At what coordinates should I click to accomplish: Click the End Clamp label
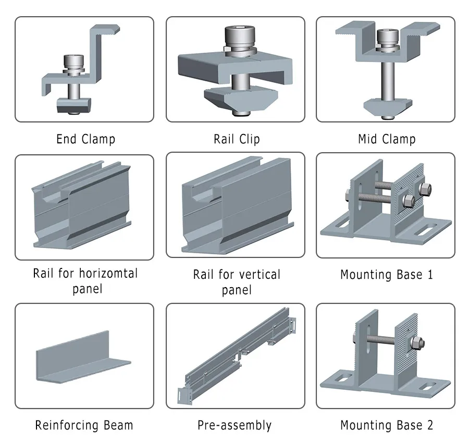(85, 139)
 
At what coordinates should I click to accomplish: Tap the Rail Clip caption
(236, 139)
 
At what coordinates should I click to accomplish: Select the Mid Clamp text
(387, 139)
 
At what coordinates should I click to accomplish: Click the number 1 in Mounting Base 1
(429, 274)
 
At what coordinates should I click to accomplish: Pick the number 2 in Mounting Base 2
(429, 425)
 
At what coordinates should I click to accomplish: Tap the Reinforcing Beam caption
(84, 425)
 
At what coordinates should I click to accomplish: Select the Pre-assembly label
(234, 425)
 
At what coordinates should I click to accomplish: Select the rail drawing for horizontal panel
(83, 208)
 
